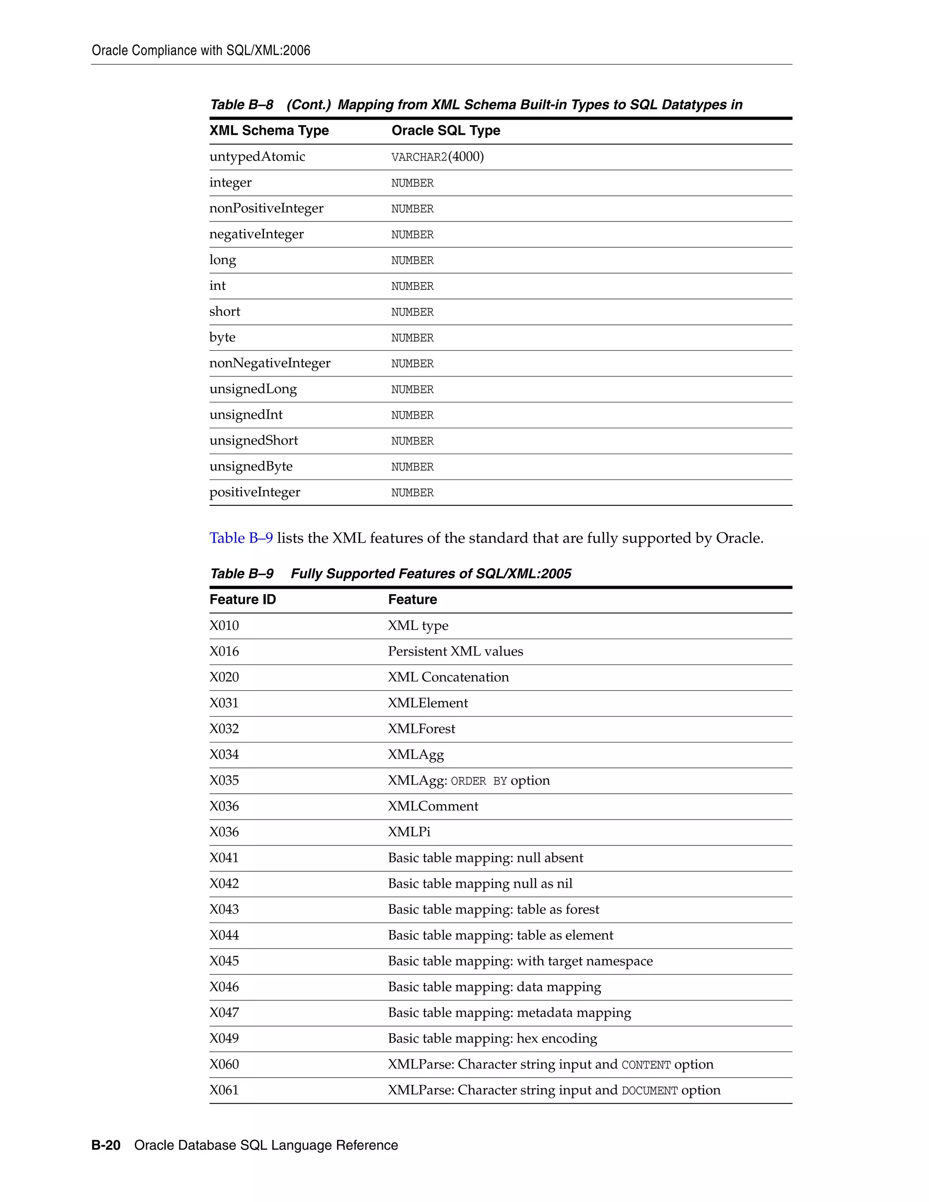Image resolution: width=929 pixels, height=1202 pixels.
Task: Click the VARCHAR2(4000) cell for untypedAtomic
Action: [438, 157]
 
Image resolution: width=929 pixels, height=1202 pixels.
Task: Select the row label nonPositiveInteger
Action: [266, 209]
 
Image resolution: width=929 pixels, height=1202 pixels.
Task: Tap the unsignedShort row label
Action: [254, 441]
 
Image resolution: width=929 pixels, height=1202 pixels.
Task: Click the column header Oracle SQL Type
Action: [446, 131]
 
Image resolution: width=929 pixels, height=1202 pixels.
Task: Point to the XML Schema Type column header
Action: [269, 131]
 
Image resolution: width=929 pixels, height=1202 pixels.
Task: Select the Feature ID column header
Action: [243, 599]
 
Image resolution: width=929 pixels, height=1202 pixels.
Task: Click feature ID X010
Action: [224, 626]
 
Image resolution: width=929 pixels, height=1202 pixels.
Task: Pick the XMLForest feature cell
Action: [421, 729]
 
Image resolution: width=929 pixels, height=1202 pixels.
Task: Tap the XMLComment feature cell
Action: [433, 806]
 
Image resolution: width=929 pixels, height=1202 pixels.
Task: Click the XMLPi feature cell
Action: [409, 832]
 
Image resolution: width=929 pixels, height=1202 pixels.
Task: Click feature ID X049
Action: [224, 1039]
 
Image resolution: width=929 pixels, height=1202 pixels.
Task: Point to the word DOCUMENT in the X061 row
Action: [650, 1091]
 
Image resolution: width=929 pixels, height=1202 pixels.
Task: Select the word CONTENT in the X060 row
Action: [646, 1065]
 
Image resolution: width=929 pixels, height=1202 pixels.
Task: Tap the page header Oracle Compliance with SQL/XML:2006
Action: [201, 51]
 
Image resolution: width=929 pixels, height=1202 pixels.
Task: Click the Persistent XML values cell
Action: [455, 652]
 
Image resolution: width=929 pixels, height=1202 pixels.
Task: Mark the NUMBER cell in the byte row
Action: [412, 338]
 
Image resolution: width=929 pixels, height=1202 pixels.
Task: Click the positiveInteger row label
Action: [255, 493]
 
